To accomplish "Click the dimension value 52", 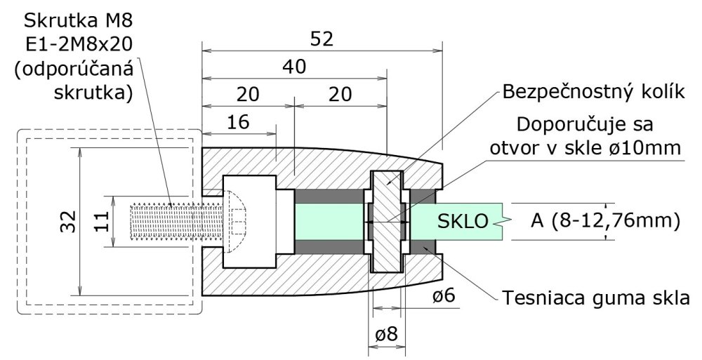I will pyautogui.click(x=322, y=39).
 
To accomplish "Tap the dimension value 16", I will pyautogui.click(x=239, y=122).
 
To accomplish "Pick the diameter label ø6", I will pyautogui.click(x=444, y=297).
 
